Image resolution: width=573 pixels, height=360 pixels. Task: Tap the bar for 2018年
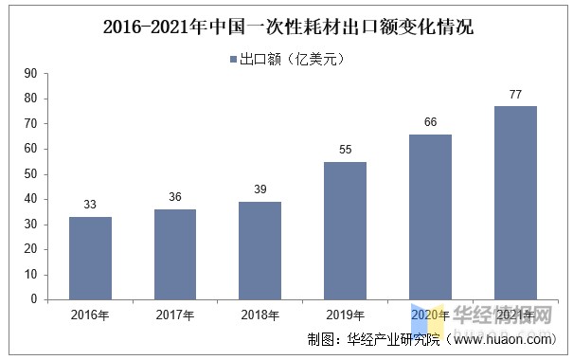[x=260, y=250]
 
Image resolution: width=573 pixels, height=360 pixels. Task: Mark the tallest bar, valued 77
[x=515, y=203]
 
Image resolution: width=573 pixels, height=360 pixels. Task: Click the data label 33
[x=90, y=205]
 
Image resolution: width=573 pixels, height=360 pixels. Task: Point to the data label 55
[x=345, y=150]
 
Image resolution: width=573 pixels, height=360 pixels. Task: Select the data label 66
[x=430, y=122]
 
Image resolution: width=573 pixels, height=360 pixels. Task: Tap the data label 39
[x=260, y=189]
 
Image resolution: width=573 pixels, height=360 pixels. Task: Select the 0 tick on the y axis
[x=33, y=299]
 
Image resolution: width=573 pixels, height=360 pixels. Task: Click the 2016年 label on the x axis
[x=90, y=315]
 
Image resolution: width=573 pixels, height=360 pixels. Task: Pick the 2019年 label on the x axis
[x=345, y=315]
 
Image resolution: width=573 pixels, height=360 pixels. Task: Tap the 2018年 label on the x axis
[x=260, y=315]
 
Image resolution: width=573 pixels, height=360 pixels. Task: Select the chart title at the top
[x=287, y=27]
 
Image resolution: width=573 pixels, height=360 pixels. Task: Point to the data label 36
[x=175, y=197]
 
